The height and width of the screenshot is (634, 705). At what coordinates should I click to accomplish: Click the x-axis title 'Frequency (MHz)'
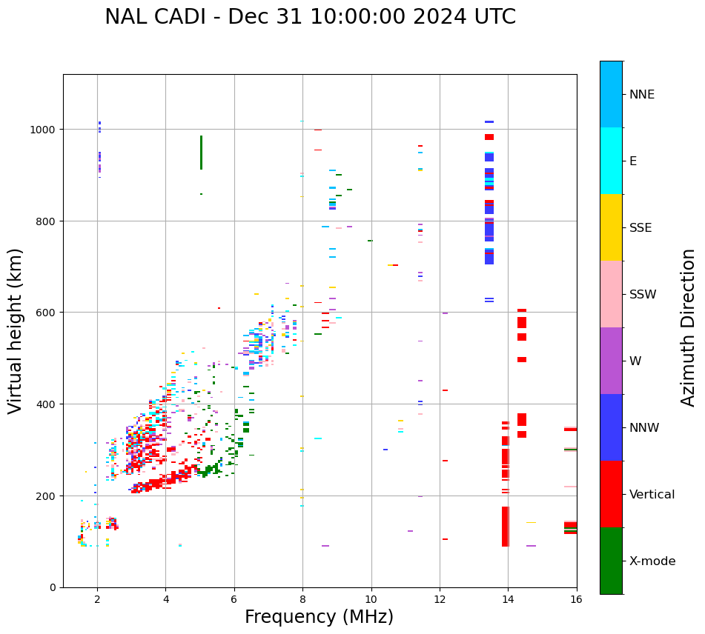(x=319, y=617)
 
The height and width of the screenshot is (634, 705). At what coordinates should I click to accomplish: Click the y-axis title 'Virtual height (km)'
(x=16, y=331)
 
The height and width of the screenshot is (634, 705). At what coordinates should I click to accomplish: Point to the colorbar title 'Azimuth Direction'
(x=689, y=327)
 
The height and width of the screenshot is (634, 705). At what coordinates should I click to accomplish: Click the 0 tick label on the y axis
(x=53, y=587)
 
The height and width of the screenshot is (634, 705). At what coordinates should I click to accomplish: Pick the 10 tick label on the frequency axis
(x=371, y=600)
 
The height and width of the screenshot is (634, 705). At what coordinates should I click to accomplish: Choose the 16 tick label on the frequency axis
(x=576, y=600)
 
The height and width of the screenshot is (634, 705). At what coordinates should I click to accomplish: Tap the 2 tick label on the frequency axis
(x=97, y=600)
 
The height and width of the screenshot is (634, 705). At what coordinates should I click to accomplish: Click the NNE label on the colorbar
(x=642, y=95)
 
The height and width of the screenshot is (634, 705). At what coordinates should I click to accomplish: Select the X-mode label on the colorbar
(x=652, y=561)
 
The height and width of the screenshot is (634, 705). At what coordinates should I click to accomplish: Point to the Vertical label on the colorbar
(x=652, y=495)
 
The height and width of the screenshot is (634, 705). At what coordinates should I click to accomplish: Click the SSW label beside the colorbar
(x=643, y=295)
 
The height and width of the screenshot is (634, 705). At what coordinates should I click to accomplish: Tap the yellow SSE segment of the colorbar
(x=611, y=227)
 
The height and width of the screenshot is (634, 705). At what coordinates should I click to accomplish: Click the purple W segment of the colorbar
(x=611, y=361)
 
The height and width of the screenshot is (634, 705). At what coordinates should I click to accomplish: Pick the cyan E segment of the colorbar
(x=611, y=161)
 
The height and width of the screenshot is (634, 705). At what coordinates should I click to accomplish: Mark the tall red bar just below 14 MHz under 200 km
(x=506, y=527)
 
